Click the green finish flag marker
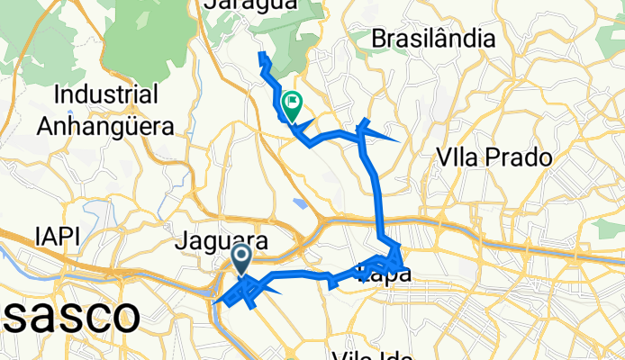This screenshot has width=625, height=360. tap(292, 104)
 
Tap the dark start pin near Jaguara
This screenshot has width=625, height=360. tap(242, 259)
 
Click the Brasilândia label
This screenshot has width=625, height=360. tap(433, 40)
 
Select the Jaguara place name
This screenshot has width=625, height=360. tap(222, 242)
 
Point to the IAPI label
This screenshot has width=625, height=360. tap(58, 236)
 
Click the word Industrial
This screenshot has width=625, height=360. tap(107, 94)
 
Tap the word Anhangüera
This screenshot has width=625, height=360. tap(105, 125)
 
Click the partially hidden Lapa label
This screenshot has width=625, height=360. tap(385, 274)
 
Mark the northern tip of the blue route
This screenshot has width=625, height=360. tap(262, 56)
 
